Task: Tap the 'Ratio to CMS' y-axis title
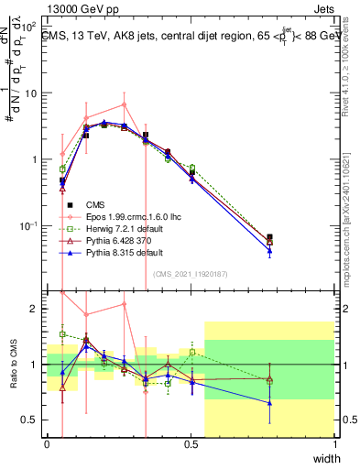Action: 12,365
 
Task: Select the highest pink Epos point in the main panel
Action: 125,104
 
